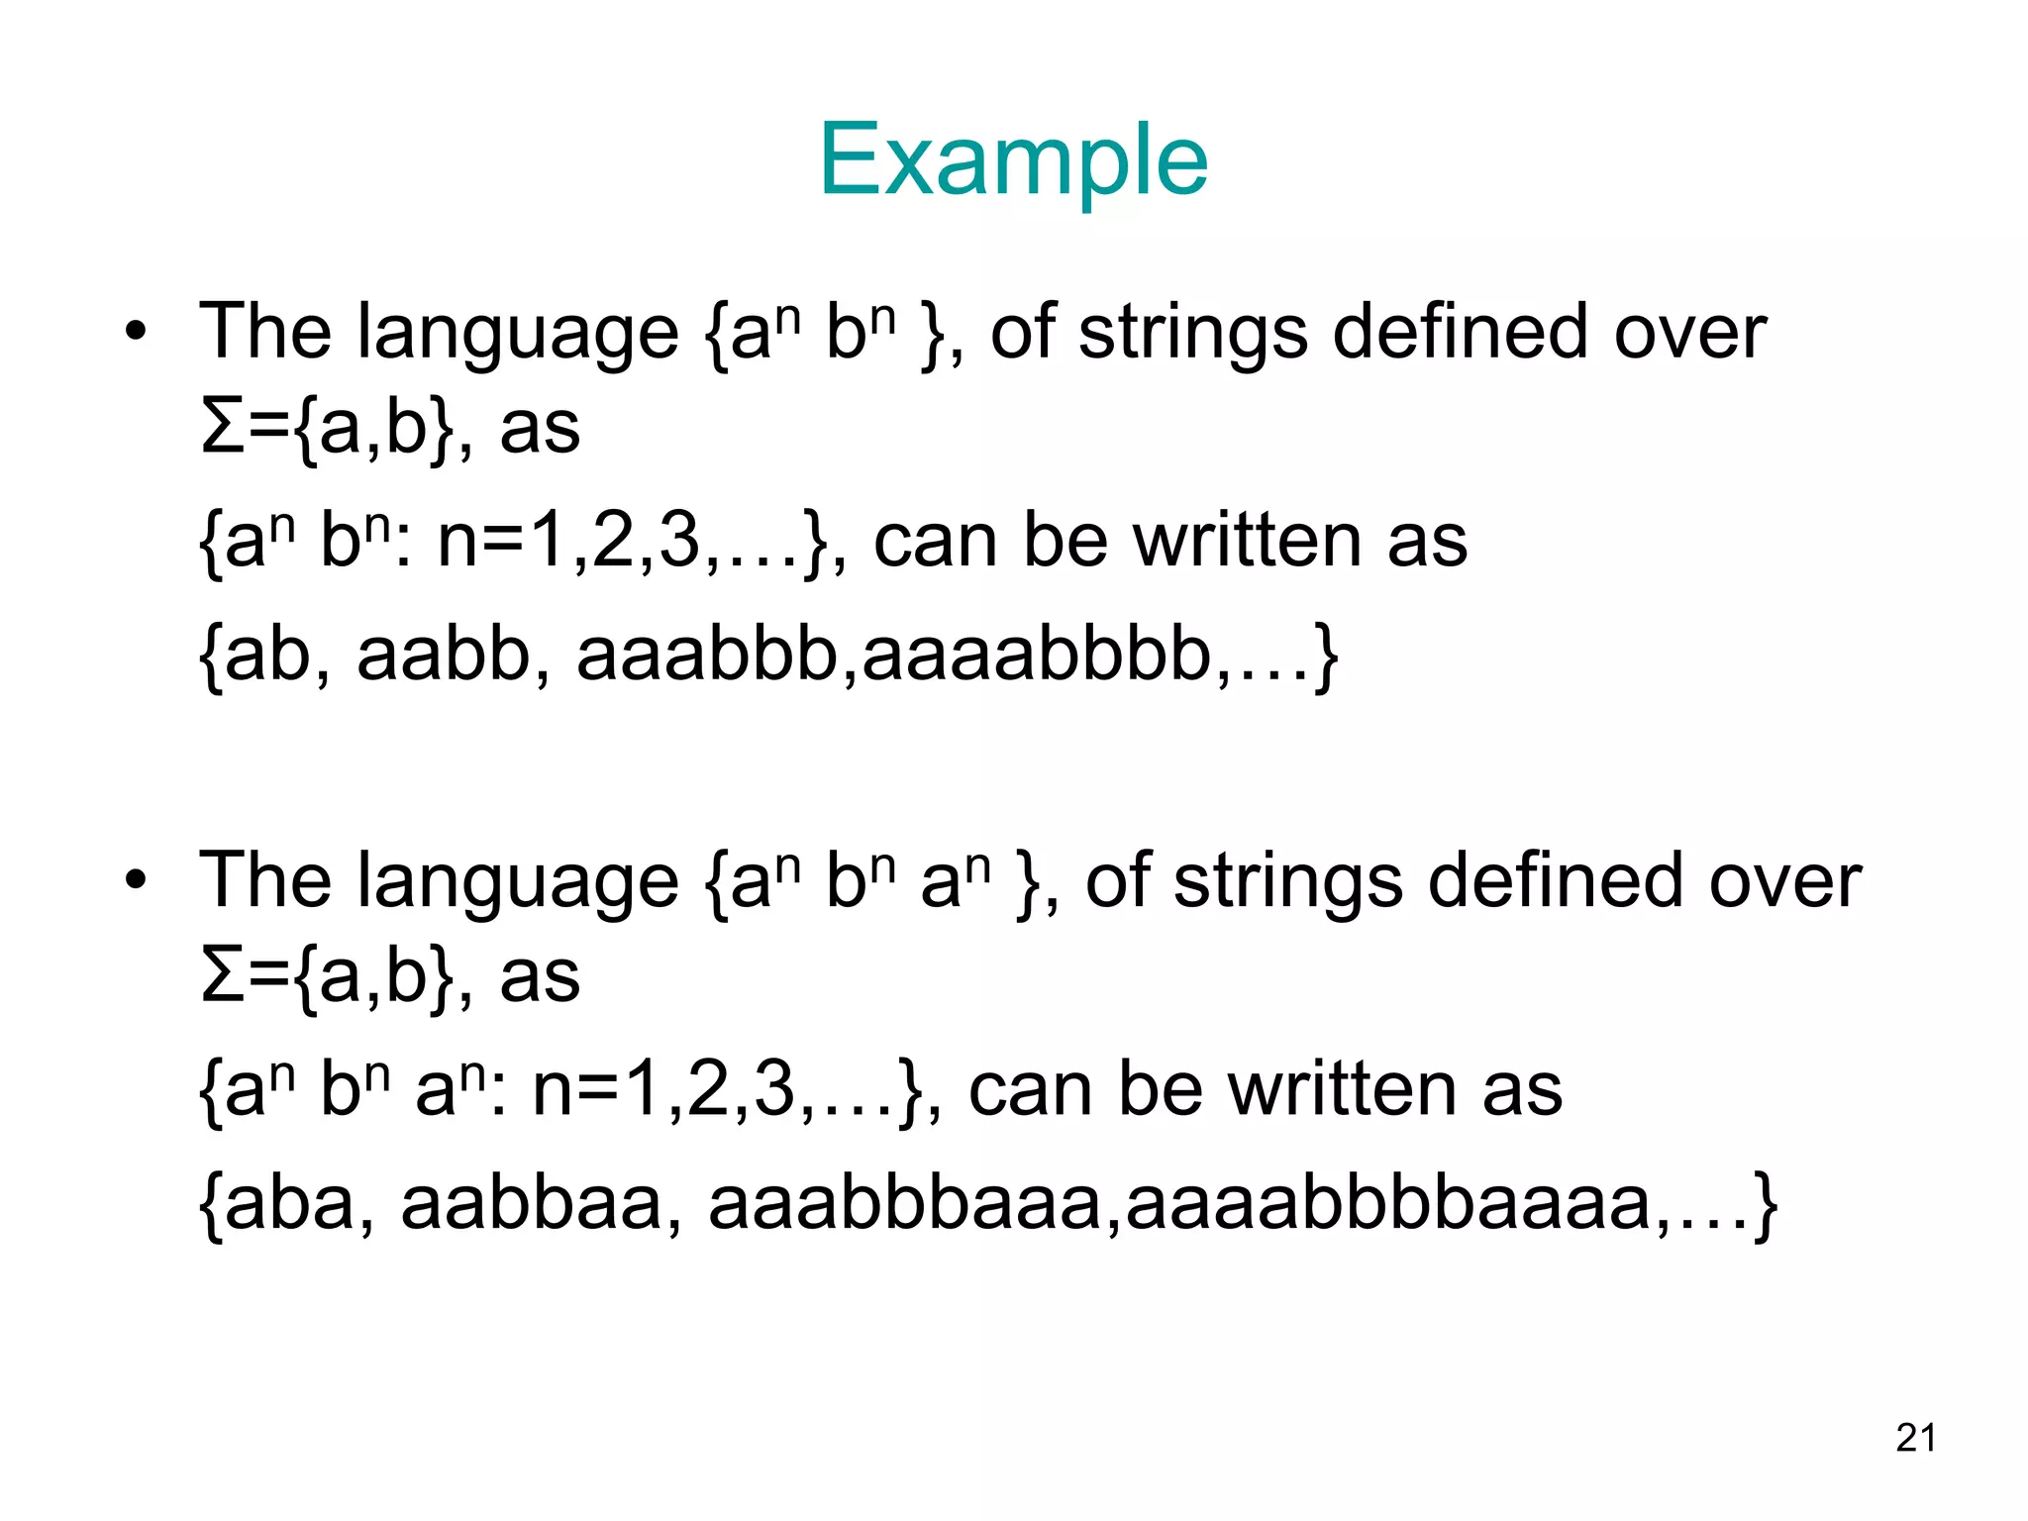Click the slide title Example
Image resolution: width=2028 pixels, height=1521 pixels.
coord(1013,160)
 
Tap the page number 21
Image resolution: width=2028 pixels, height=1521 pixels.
coord(1916,1437)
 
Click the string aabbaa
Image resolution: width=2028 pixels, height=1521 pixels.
coord(531,1204)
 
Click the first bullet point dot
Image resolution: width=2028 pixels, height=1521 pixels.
coord(136,331)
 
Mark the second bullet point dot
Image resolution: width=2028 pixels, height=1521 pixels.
coord(136,879)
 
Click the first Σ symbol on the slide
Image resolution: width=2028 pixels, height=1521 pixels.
coord(222,428)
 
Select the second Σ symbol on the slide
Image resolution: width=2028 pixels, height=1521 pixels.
coord(222,976)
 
